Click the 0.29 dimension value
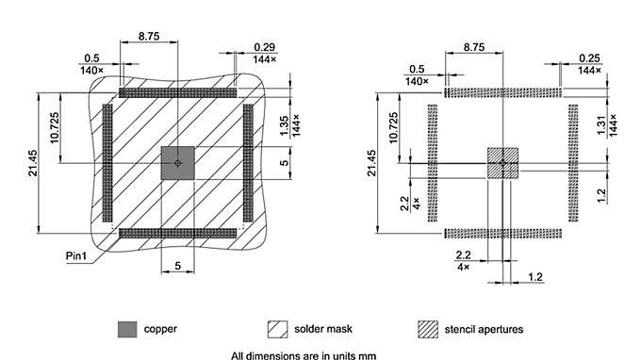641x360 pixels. [265, 46]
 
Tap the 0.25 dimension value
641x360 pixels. [589, 57]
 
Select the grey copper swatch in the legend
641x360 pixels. [126, 329]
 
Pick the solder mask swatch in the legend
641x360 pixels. [277, 329]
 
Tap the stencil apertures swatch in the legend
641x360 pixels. [428, 329]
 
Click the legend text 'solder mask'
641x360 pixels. [320, 329]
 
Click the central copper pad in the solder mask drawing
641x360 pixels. [178, 162]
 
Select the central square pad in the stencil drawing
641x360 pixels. [502, 162]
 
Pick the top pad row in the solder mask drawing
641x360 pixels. [178, 94]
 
